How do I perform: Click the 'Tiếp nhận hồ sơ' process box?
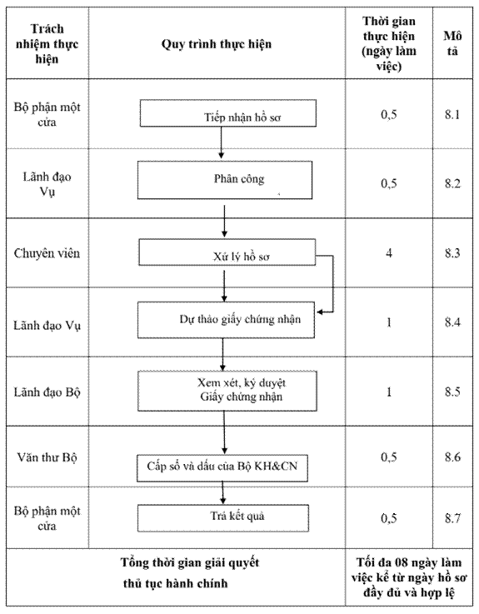click(228, 113)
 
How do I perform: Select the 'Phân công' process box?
click(225, 180)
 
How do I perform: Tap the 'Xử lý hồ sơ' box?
click(227, 252)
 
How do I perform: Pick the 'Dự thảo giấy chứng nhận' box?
click(226, 320)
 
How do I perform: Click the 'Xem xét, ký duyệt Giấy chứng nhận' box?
click(227, 391)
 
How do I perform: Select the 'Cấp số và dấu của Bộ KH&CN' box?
click(222, 468)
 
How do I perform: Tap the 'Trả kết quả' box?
click(223, 518)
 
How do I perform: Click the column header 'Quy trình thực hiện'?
click(217, 44)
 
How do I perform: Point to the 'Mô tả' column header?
click(452, 43)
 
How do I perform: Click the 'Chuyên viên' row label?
click(47, 253)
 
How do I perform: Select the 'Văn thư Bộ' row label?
click(47, 457)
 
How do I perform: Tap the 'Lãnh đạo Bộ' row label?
click(47, 392)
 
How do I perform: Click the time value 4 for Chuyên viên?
click(389, 253)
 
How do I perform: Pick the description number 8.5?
click(452, 392)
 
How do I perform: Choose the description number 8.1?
click(452, 114)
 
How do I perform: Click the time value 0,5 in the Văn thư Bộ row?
click(389, 457)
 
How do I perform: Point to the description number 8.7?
click(452, 518)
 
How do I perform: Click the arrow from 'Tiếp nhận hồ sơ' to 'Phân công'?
click(222, 142)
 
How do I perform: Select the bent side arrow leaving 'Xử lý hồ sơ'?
click(333, 284)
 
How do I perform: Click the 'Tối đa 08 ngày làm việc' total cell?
click(409, 577)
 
